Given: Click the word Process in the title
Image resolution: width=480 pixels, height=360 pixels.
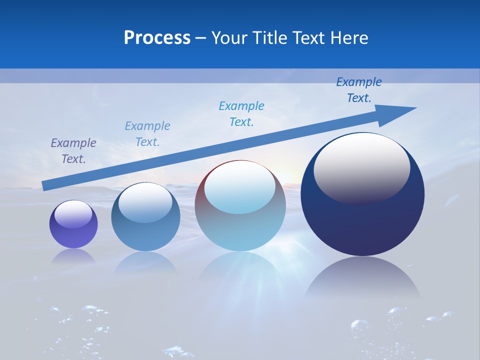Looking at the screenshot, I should (157, 38).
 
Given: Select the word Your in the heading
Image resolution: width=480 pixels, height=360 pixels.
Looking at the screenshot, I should (229, 38).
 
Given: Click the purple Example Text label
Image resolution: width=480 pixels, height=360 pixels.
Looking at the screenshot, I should (73, 151).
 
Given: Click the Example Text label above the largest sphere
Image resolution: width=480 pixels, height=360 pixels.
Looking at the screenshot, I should (359, 90).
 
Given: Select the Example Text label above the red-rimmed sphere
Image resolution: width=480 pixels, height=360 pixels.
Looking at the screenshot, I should (241, 114).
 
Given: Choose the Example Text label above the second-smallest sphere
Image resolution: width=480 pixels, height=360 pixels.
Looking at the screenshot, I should (147, 134).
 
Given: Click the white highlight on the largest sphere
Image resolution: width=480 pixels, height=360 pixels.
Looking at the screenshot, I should (361, 167).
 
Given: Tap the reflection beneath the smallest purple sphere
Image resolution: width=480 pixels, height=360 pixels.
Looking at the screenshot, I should (73, 256).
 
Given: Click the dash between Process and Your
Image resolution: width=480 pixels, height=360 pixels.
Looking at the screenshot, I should (201, 38).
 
